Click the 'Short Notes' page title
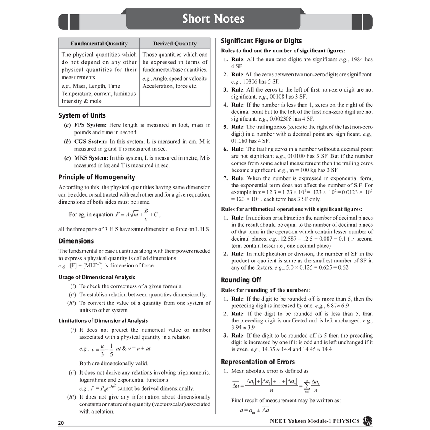click(213, 19)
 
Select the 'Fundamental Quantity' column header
click(99, 44)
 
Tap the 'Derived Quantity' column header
click(175, 44)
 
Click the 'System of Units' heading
click(82, 115)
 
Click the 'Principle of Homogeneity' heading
click(97, 177)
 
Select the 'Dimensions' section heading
click(76, 241)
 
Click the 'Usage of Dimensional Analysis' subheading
click(97, 277)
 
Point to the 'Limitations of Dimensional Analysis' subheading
click(103, 321)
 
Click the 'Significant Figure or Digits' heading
click(261, 41)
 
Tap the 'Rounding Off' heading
click(241, 280)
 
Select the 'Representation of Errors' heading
click(258, 362)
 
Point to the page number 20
click(61, 423)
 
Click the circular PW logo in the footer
click(367, 421)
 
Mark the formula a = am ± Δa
click(254, 410)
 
